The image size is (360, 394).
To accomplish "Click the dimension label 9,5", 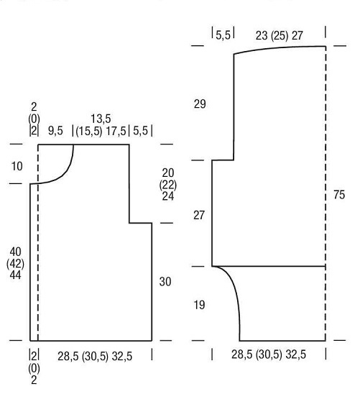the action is click(55, 131).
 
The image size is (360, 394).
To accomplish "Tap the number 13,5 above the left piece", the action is click(101, 119).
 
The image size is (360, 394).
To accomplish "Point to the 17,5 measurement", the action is click(116, 131).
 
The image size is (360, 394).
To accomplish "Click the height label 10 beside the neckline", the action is click(17, 166).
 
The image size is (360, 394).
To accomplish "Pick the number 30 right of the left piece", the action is click(165, 282).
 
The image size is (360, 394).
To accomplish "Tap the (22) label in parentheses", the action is click(168, 185).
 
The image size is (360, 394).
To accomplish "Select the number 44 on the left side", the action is click(15, 275).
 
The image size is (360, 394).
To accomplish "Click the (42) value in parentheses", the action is click(15, 264).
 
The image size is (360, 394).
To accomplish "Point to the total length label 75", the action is click(339, 195).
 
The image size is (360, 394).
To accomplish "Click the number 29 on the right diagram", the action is click(200, 104).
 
